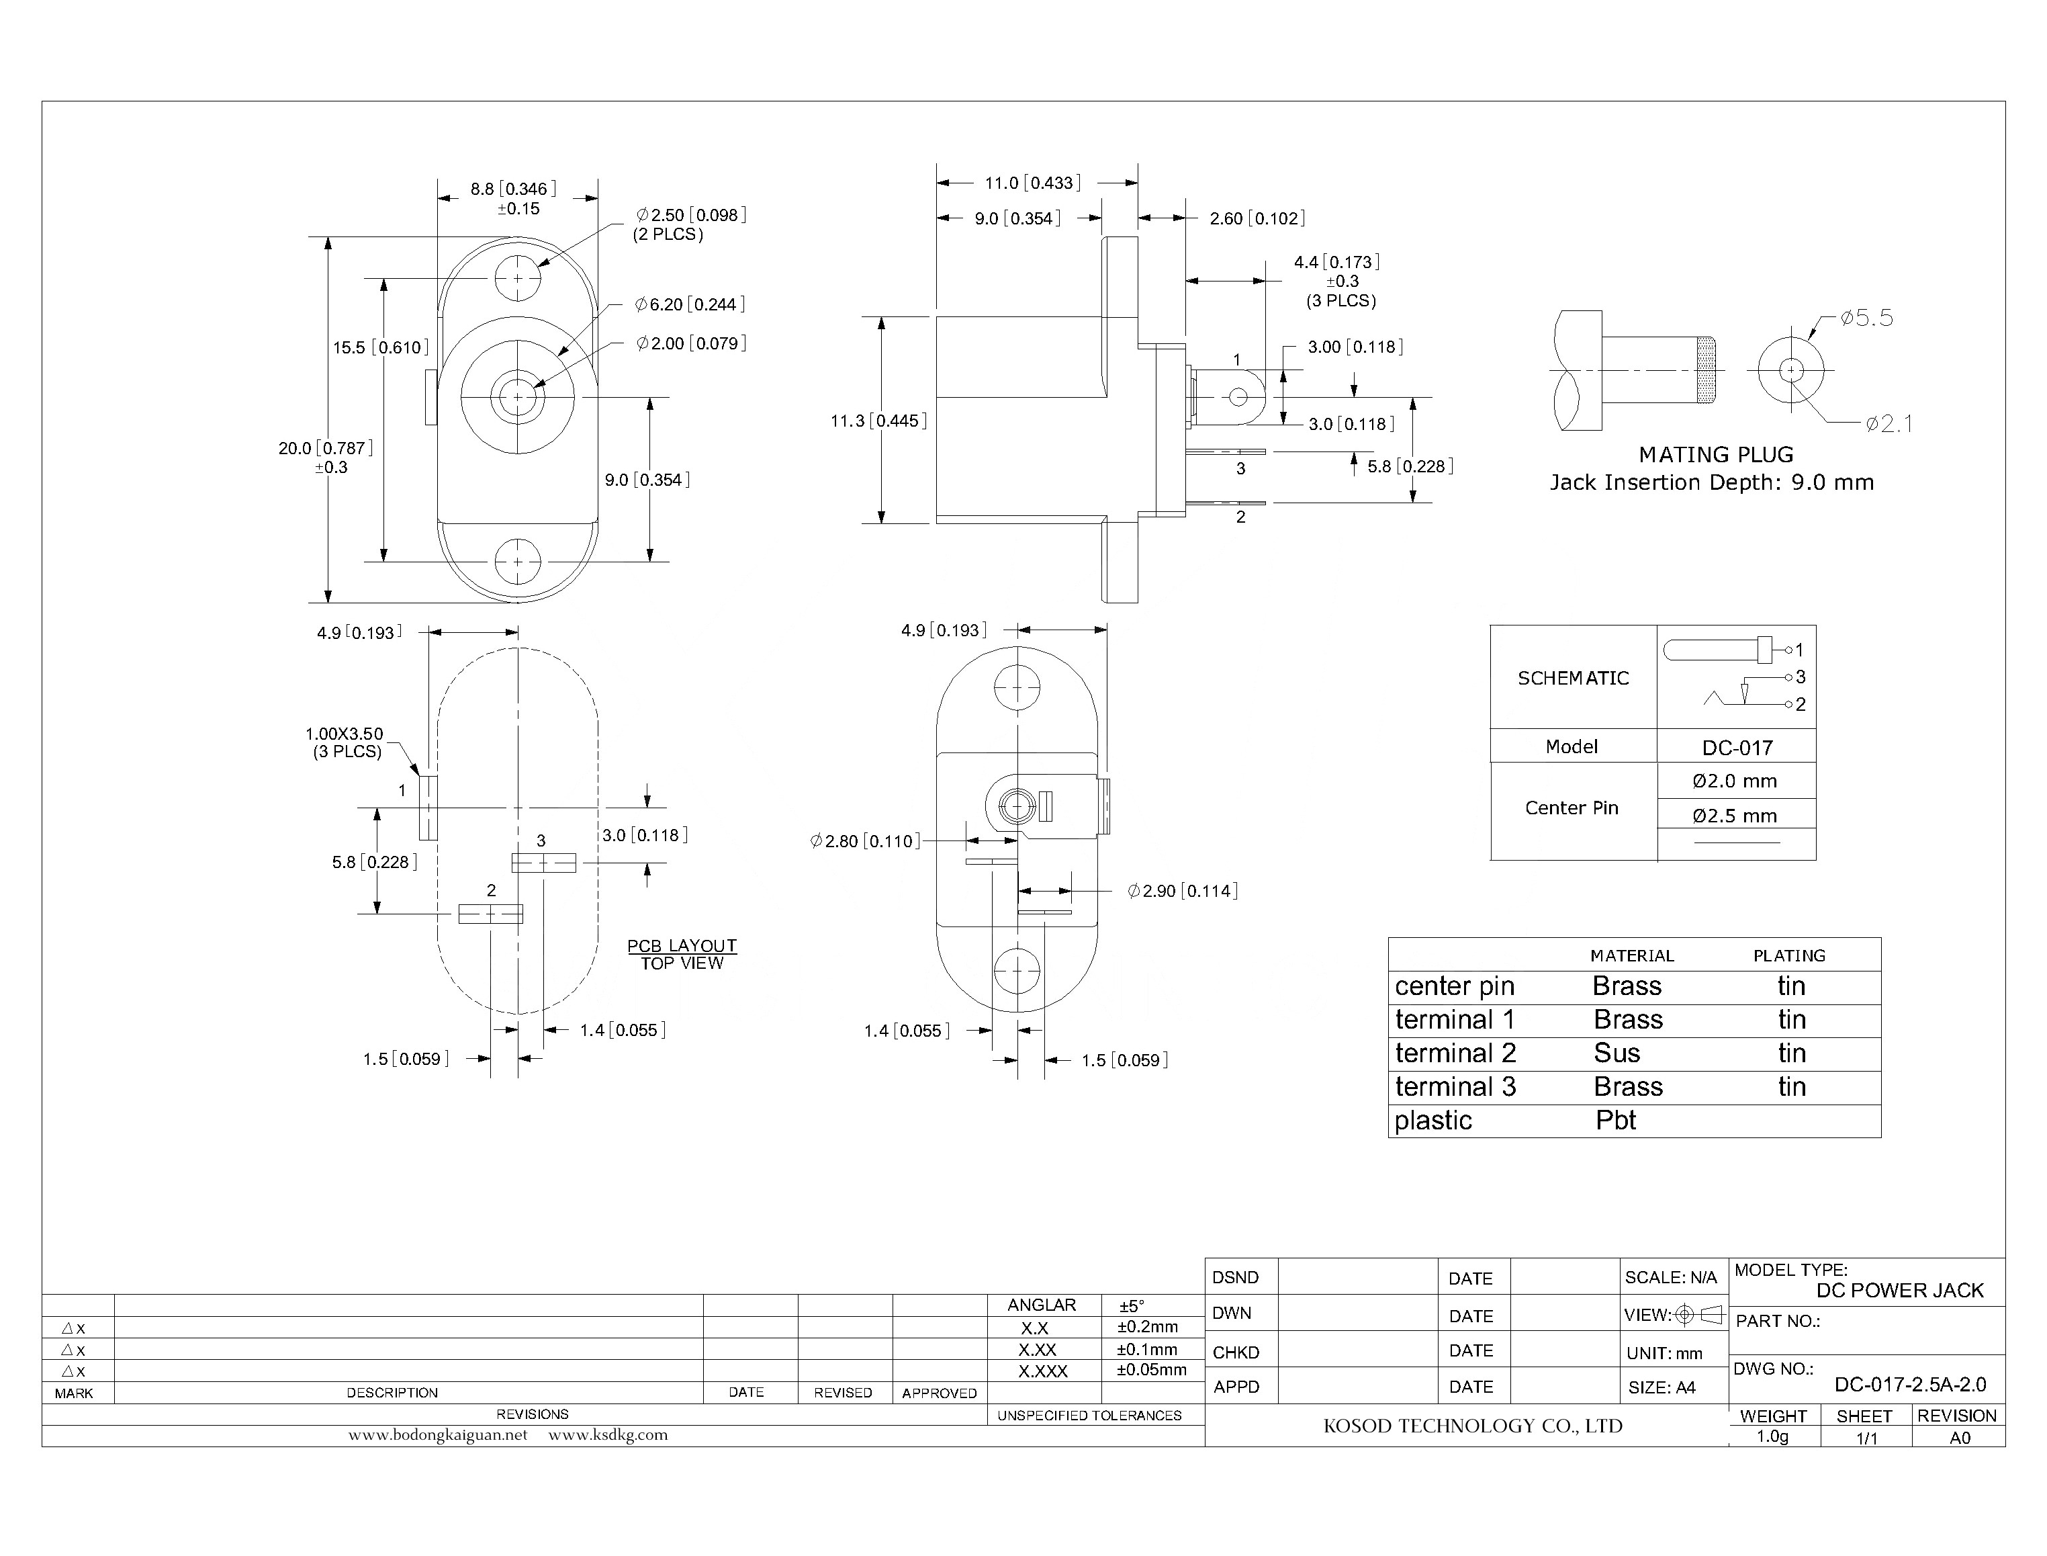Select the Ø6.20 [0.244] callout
point(690,305)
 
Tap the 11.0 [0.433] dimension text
point(1032,183)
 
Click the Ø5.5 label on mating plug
point(1866,318)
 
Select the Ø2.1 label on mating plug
point(1888,424)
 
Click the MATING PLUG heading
point(1715,455)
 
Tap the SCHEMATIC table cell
point(1572,678)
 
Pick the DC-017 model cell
point(1736,748)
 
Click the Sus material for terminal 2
point(1617,1053)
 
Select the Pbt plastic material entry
point(1616,1121)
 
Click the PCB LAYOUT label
point(682,946)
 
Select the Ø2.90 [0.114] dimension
point(1181,891)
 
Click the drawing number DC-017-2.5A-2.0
point(1909,1385)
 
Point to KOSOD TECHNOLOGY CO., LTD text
point(1472,1426)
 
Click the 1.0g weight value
point(1772,1436)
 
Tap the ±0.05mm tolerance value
point(1151,1370)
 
